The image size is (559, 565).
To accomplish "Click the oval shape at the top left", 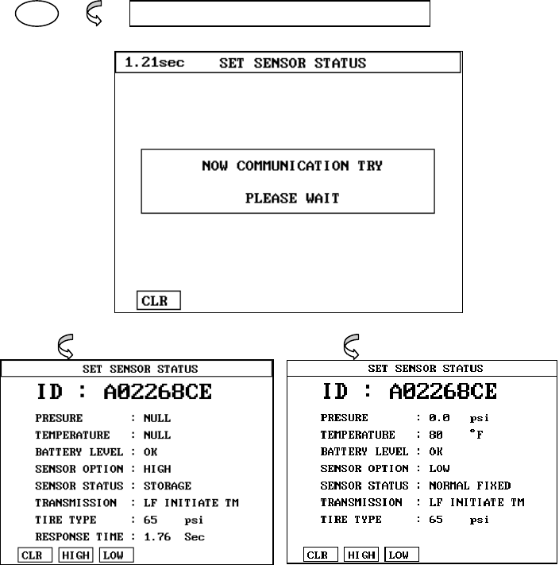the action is (29, 15).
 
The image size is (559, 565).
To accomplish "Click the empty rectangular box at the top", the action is (279, 14).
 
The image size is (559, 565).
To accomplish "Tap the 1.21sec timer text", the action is (154, 63).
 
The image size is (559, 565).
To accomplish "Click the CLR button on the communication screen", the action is (159, 301).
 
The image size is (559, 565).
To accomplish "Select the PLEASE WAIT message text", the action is (291, 198).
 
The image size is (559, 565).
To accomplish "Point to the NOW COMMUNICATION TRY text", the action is (291, 166).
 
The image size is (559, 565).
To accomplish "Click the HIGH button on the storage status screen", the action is (75, 555).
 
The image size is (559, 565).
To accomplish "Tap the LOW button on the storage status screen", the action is (116, 555).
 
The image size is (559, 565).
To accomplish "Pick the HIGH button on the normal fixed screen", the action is (361, 555).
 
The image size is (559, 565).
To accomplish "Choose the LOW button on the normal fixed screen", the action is (402, 555).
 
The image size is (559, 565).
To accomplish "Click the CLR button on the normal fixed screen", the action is (320, 555).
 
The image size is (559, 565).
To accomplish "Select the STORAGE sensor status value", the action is (168, 486).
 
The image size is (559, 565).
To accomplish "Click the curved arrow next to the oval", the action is (93, 16).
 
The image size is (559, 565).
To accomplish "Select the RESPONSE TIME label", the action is (79, 536).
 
